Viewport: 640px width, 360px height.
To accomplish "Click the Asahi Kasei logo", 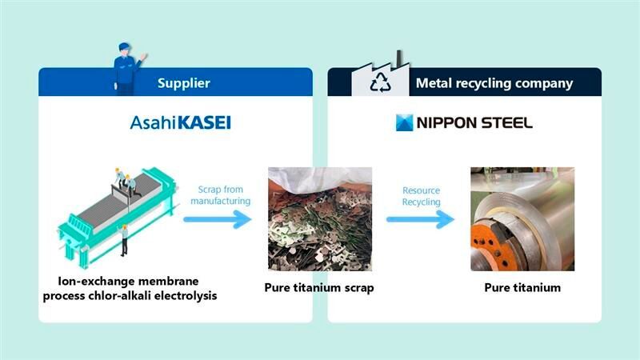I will pos(180,123).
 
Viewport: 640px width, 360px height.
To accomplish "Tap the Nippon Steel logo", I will pos(464,123).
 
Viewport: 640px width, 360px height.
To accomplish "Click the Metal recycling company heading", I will pos(494,83).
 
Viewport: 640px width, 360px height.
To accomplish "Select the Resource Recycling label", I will pos(421,197).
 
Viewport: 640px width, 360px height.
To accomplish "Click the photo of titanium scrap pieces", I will pos(319,218).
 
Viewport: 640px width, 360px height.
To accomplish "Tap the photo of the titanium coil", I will pos(522,218).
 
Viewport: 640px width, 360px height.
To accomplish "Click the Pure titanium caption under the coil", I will pos(522,287).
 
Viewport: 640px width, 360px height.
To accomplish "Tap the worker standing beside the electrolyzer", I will pos(124,239).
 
